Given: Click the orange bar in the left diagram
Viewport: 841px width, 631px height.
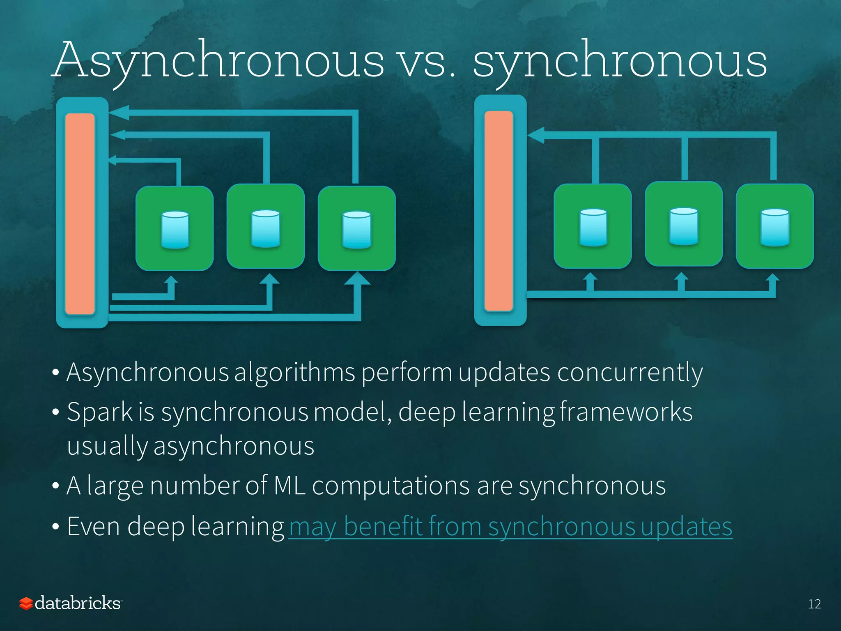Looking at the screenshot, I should tap(80, 214).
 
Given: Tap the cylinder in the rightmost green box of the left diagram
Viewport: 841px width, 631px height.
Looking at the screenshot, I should tap(357, 230).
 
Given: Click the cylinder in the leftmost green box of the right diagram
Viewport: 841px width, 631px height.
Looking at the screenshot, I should tap(593, 227).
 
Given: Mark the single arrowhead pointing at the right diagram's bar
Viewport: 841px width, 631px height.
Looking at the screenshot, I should tap(536, 135).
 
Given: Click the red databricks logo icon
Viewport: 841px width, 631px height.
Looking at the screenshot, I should tap(26, 603).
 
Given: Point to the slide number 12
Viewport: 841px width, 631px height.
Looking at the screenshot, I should tap(814, 604).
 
